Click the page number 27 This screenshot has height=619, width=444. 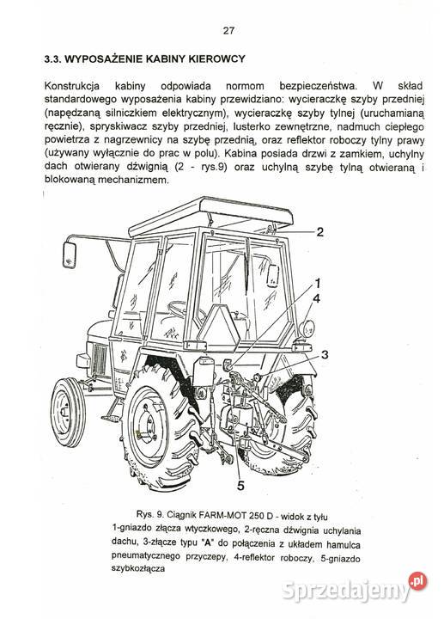pos(228,32)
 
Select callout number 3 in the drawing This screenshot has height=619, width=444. pos(325,353)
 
